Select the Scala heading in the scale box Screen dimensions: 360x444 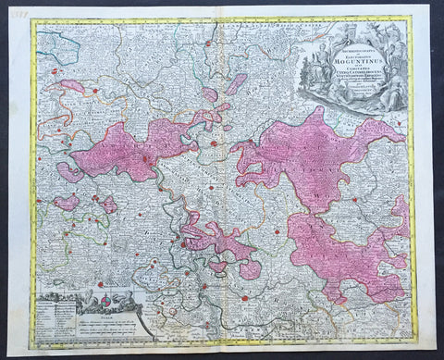click(x=109, y=313)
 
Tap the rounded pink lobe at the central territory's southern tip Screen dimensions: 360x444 click(x=249, y=269)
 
